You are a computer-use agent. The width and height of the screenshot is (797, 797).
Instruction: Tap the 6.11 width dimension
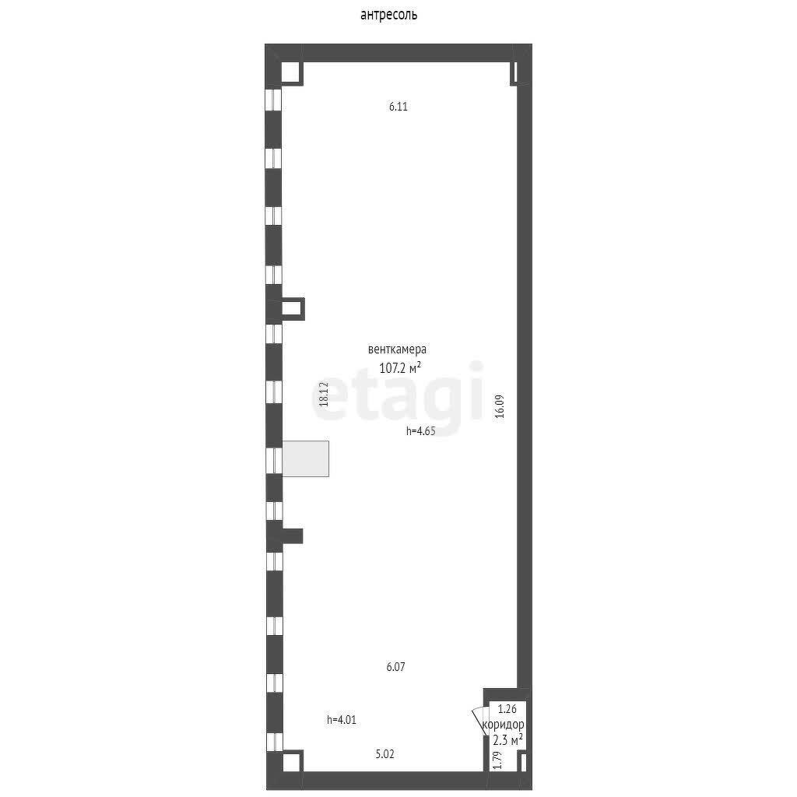click(x=398, y=107)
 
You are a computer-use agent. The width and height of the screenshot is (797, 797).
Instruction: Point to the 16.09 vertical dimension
click(x=500, y=406)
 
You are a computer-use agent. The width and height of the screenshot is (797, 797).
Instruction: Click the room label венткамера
click(x=398, y=349)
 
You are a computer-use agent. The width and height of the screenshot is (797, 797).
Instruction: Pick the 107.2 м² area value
click(x=400, y=367)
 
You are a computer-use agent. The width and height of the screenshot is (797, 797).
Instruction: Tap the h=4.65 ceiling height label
click(x=420, y=430)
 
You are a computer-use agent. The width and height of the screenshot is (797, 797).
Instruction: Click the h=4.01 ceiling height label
click(x=342, y=721)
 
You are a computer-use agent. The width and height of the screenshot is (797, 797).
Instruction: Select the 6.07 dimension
click(x=396, y=666)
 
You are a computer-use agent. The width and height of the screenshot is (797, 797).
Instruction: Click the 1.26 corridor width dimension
click(x=507, y=709)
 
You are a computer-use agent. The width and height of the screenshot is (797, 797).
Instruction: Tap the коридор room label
click(x=502, y=724)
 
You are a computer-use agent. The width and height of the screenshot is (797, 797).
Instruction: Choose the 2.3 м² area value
click(x=507, y=739)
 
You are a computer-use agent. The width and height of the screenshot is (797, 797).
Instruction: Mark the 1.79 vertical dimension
click(x=496, y=759)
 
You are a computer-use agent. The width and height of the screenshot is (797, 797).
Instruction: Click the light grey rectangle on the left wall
click(x=305, y=458)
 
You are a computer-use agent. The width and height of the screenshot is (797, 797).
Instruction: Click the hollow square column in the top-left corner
click(x=291, y=72)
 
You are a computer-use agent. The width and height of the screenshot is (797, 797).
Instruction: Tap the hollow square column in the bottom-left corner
click(x=291, y=760)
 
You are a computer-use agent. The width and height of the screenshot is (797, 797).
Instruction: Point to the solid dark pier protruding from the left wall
click(x=291, y=535)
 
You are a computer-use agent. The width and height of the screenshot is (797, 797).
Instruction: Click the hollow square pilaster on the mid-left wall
click(x=292, y=309)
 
